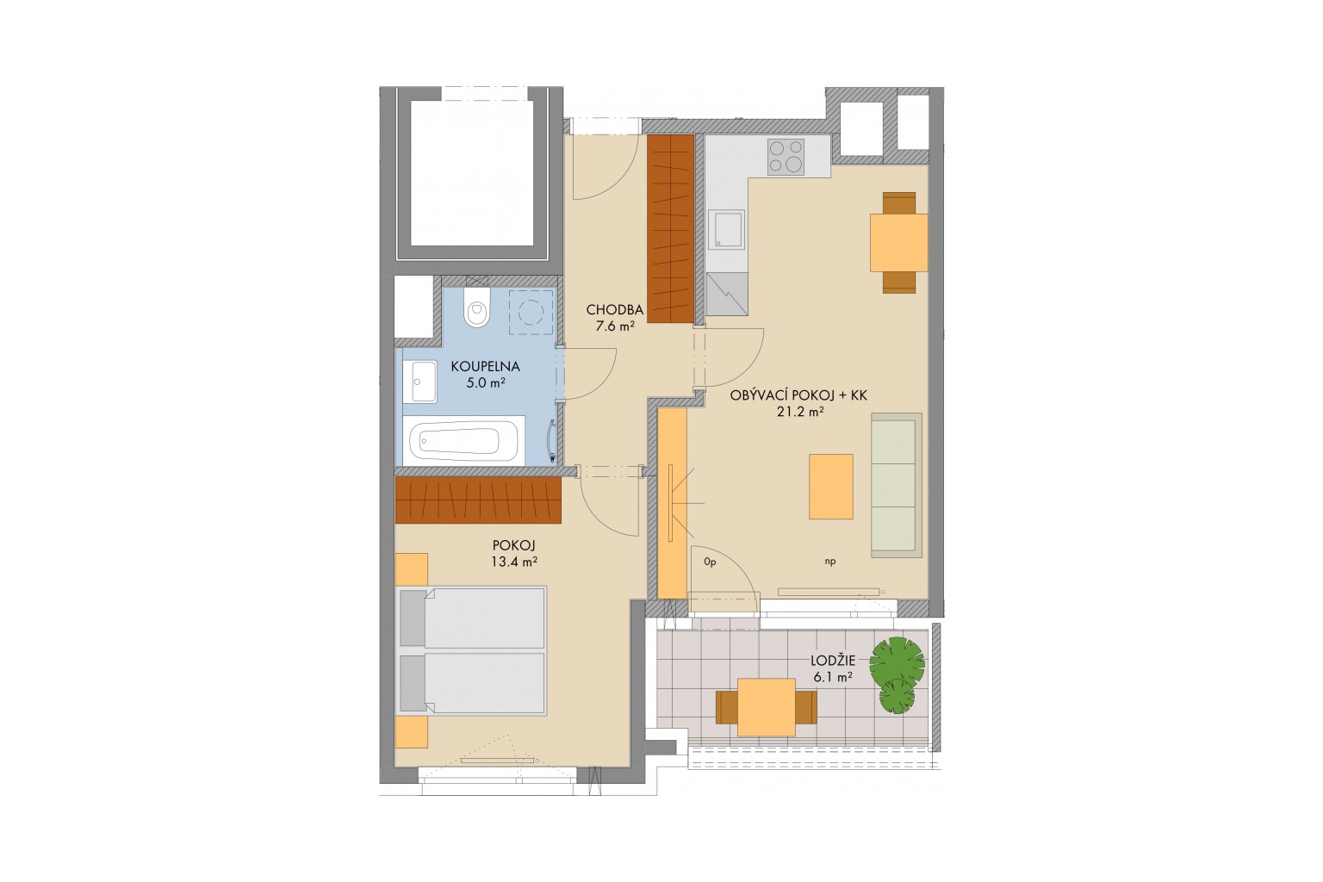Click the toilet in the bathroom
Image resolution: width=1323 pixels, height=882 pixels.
(x=476, y=307)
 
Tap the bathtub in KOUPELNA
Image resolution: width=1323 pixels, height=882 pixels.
(x=463, y=441)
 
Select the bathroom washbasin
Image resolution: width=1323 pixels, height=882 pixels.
(x=420, y=382)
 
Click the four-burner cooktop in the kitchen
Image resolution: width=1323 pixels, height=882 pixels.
(x=786, y=157)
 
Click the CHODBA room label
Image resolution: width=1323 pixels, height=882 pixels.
(x=615, y=309)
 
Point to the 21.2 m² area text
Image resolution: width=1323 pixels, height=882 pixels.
(x=800, y=412)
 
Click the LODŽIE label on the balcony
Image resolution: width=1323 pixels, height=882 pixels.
(x=834, y=661)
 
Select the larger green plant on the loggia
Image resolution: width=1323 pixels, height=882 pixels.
(x=898, y=661)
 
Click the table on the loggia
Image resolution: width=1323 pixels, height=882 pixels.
(x=766, y=707)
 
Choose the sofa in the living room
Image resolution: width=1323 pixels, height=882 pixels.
(x=897, y=485)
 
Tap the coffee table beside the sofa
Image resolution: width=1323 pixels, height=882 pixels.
(x=831, y=486)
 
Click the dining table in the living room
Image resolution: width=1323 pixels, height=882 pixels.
(x=899, y=242)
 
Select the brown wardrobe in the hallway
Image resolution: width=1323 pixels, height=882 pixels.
(x=670, y=228)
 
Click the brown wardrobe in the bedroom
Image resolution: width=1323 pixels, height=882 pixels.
(x=478, y=500)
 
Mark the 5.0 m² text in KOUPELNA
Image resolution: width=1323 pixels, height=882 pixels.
(x=486, y=382)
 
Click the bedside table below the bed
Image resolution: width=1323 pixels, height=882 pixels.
(x=412, y=732)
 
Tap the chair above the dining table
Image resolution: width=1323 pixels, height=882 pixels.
(x=899, y=202)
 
